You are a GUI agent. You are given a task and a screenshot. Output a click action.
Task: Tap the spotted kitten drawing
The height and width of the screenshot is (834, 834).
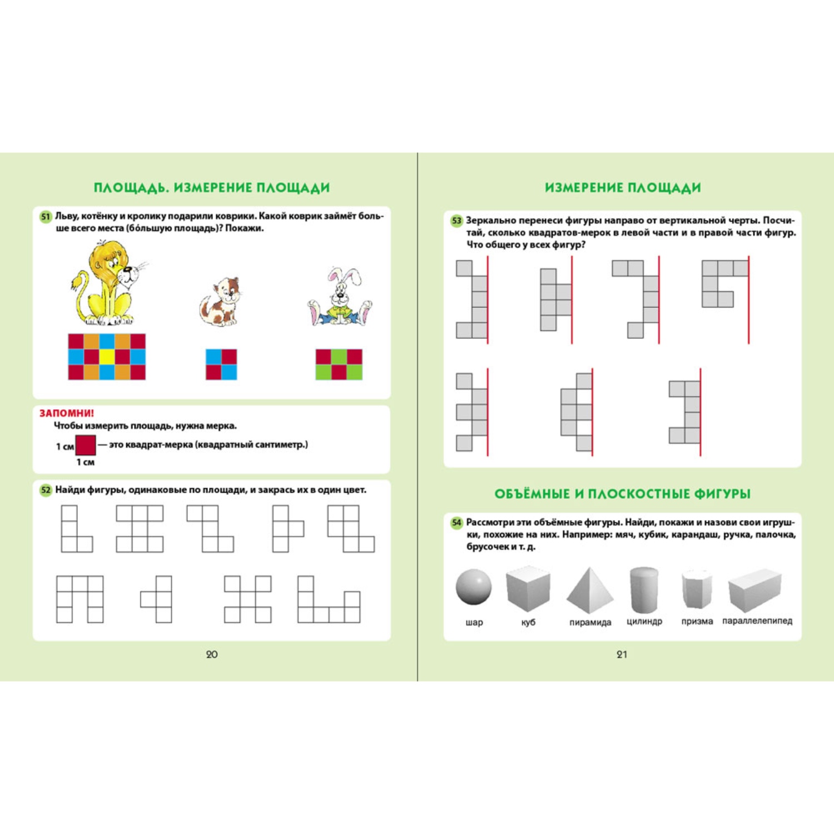coord(220,301)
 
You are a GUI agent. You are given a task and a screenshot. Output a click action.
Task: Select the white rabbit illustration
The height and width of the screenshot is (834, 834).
coord(340,297)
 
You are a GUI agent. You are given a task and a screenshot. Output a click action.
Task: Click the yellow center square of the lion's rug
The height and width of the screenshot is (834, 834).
coord(107,356)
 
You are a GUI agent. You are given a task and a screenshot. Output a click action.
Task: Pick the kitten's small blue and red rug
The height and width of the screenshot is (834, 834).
coord(221,364)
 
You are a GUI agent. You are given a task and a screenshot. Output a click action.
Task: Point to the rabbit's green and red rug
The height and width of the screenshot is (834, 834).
coord(339,364)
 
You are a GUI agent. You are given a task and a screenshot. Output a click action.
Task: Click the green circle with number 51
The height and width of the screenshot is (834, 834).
coord(46,217)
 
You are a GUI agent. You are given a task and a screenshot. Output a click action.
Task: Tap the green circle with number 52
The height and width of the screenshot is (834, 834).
coord(46,490)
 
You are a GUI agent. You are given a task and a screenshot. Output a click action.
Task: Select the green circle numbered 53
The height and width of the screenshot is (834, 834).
coord(456,221)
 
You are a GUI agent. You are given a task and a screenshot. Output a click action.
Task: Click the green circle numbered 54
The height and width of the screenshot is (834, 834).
coord(456,523)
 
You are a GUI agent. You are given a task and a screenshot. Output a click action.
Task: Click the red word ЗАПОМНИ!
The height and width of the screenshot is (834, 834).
coord(67,413)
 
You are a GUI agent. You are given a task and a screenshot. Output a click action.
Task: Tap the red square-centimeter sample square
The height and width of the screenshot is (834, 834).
coord(86,445)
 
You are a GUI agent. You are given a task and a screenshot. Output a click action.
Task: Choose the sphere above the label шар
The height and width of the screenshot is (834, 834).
coord(474,587)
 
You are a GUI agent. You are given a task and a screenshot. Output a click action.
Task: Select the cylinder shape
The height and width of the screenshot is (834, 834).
coord(644,589)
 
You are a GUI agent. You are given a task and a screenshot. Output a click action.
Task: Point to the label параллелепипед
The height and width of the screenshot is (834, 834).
coord(757,621)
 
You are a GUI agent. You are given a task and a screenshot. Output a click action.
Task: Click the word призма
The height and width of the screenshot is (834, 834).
coord(697,622)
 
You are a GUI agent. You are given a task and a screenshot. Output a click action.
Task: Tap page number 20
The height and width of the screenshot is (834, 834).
coord(212,654)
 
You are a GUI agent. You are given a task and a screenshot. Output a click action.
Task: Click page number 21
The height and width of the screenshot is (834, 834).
coord(622,654)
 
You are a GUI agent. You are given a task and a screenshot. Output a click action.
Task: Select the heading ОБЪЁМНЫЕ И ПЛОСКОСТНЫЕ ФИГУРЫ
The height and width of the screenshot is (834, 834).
coord(623,494)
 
